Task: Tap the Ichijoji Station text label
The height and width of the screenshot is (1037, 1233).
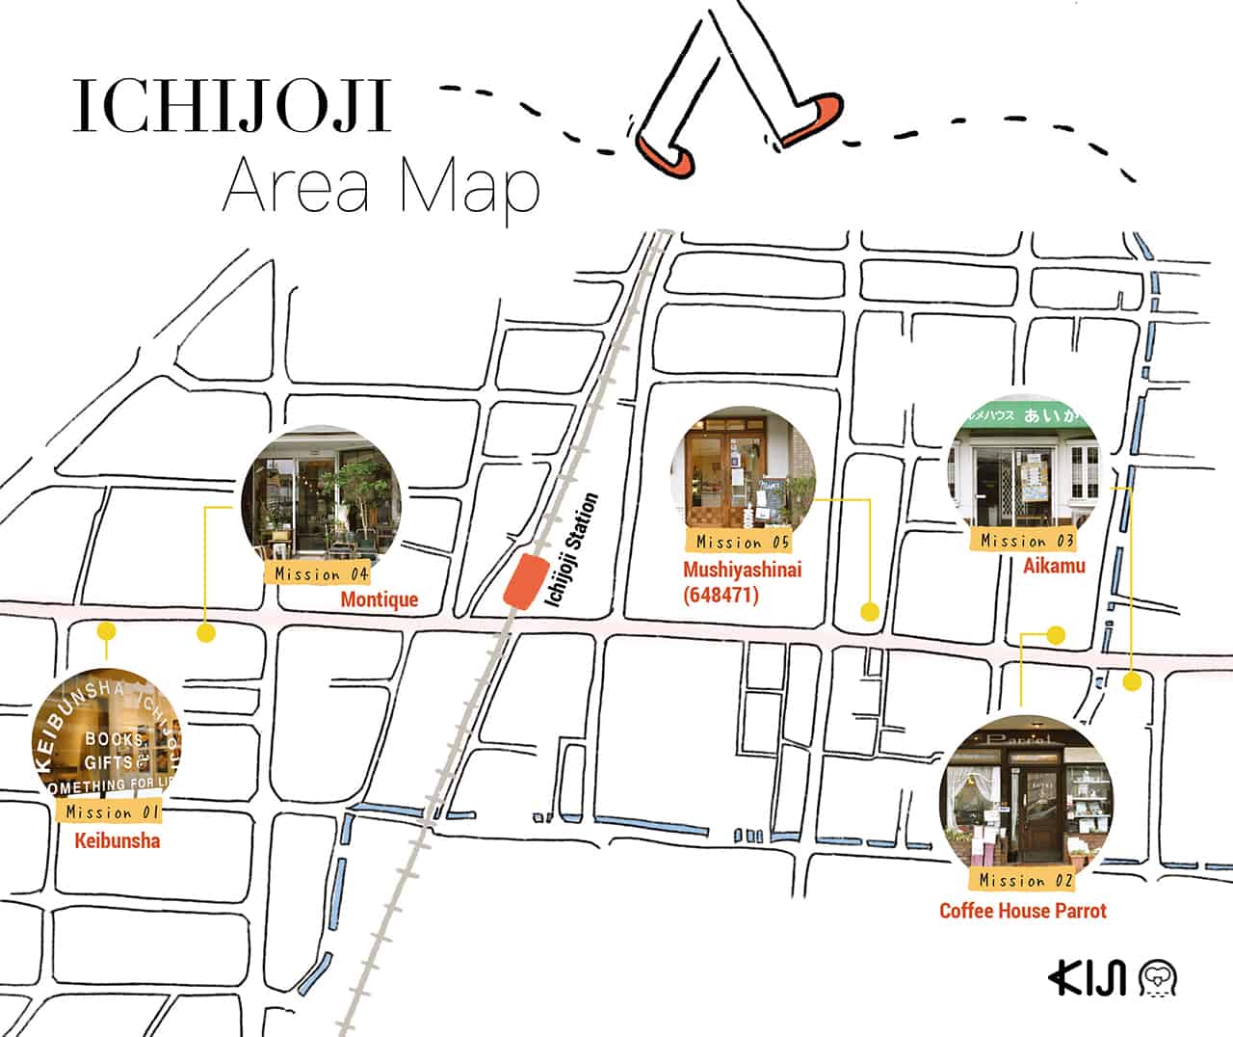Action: pyautogui.click(x=572, y=550)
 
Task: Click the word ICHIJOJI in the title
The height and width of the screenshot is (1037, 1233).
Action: pyautogui.click(x=232, y=107)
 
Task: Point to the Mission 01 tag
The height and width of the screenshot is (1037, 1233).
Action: pyautogui.click(x=112, y=811)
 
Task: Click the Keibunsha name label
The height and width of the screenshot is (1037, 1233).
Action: pyautogui.click(x=118, y=841)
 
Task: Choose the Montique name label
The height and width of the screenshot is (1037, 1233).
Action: pyautogui.click(x=380, y=599)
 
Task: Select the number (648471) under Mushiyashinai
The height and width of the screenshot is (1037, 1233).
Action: pyautogui.click(x=721, y=595)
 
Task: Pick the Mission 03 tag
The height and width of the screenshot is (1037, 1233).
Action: pyautogui.click(x=1027, y=541)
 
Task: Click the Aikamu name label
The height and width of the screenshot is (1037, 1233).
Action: pyautogui.click(x=1054, y=566)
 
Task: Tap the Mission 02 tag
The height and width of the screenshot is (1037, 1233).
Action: pyautogui.click(x=1025, y=880)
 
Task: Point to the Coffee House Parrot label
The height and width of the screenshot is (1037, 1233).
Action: pyautogui.click(x=1023, y=911)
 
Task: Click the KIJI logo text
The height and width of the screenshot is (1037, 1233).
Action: pyautogui.click(x=1088, y=975)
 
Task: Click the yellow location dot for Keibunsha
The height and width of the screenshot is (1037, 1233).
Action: pyautogui.click(x=106, y=632)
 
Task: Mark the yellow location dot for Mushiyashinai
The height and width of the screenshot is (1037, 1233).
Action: pyautogui.click(x=869, y=611)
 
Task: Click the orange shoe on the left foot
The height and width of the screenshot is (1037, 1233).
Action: pyautogui.click(x=666, y=153)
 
